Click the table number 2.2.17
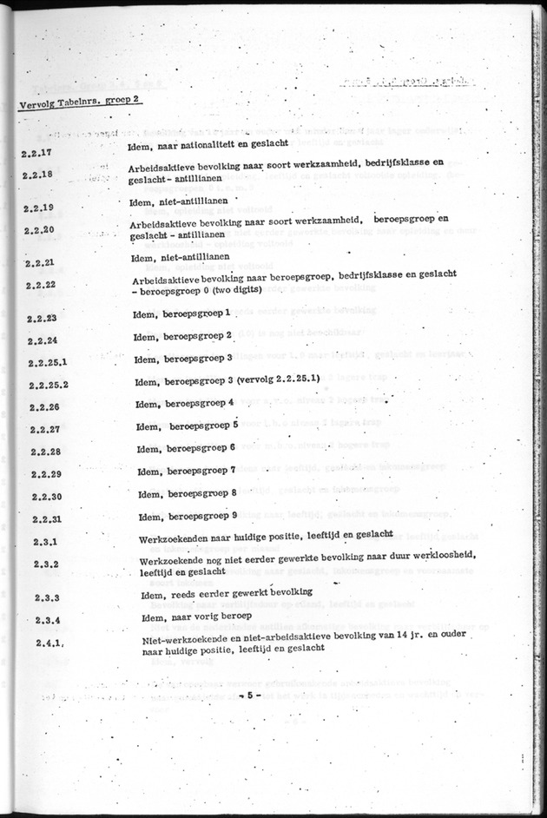click(x=35, y=153)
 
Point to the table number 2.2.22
click(x=41, y=285)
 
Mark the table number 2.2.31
click(x=44, y=519)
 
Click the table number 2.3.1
click(x=44, y=543)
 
